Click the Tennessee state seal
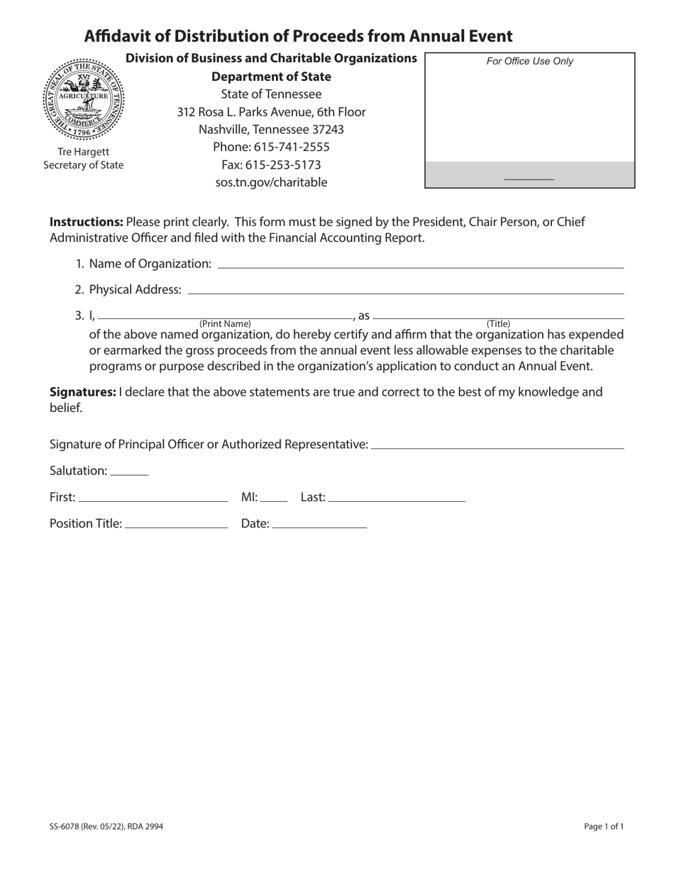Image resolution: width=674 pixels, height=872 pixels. click(x=84, y=100)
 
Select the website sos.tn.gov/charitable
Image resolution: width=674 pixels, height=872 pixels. click(x=271, y=182)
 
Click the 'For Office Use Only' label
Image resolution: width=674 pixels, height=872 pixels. click(x=529, y=62)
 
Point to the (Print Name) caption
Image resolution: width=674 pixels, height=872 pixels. click(x=225, y=324)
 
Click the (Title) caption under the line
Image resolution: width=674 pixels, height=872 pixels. click(x=498, y=324)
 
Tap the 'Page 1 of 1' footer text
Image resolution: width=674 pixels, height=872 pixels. click(x=604, y=826)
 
